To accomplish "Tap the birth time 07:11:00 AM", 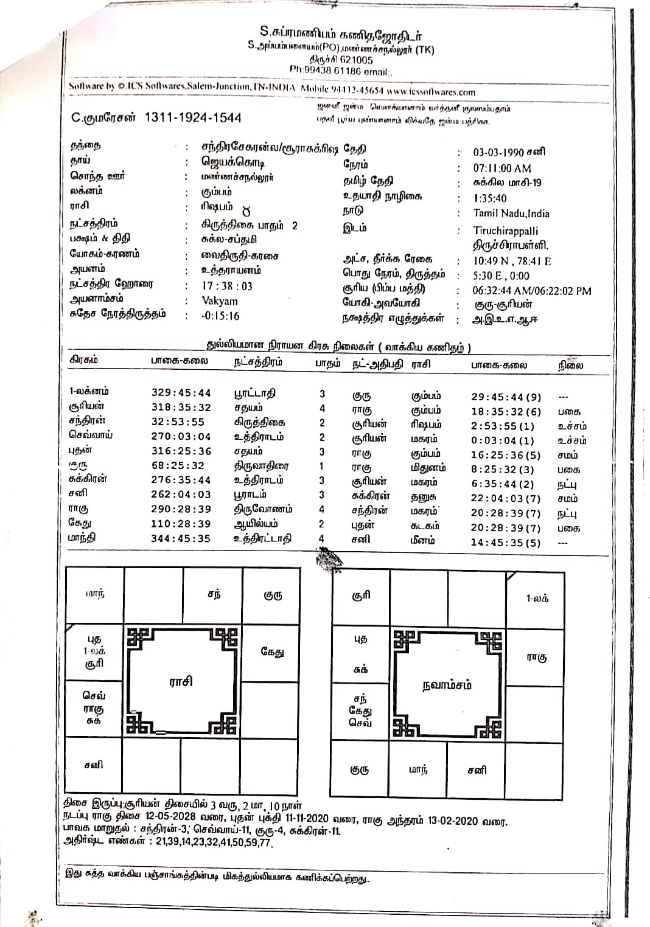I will (x=502, y=168).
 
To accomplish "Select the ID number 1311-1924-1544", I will (x=193, y=117).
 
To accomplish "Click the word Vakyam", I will (x=220, y=301).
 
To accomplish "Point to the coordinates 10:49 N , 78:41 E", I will (x=512, y=261).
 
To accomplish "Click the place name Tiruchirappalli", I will (x=506, y=231).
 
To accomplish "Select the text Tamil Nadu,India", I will (x=511, y=214).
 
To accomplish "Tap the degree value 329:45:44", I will (x=181, y=393).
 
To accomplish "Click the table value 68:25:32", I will (x=178, y=465).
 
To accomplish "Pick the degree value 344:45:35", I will (x=181, y=538).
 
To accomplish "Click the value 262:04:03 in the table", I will (x=181, y=495).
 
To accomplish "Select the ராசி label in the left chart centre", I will (x=181, y=681).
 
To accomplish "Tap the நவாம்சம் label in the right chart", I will (x=447, y=685).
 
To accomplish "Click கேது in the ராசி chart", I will (x=272, y=652).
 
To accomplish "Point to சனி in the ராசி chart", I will (x=94, y=765).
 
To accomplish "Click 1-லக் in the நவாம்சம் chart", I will (x=537, y=599).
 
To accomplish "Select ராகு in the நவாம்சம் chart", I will (x=536, y=657).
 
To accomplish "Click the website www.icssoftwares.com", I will (x=430, y=91).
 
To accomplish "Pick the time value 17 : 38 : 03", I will (x=227, y=286).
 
